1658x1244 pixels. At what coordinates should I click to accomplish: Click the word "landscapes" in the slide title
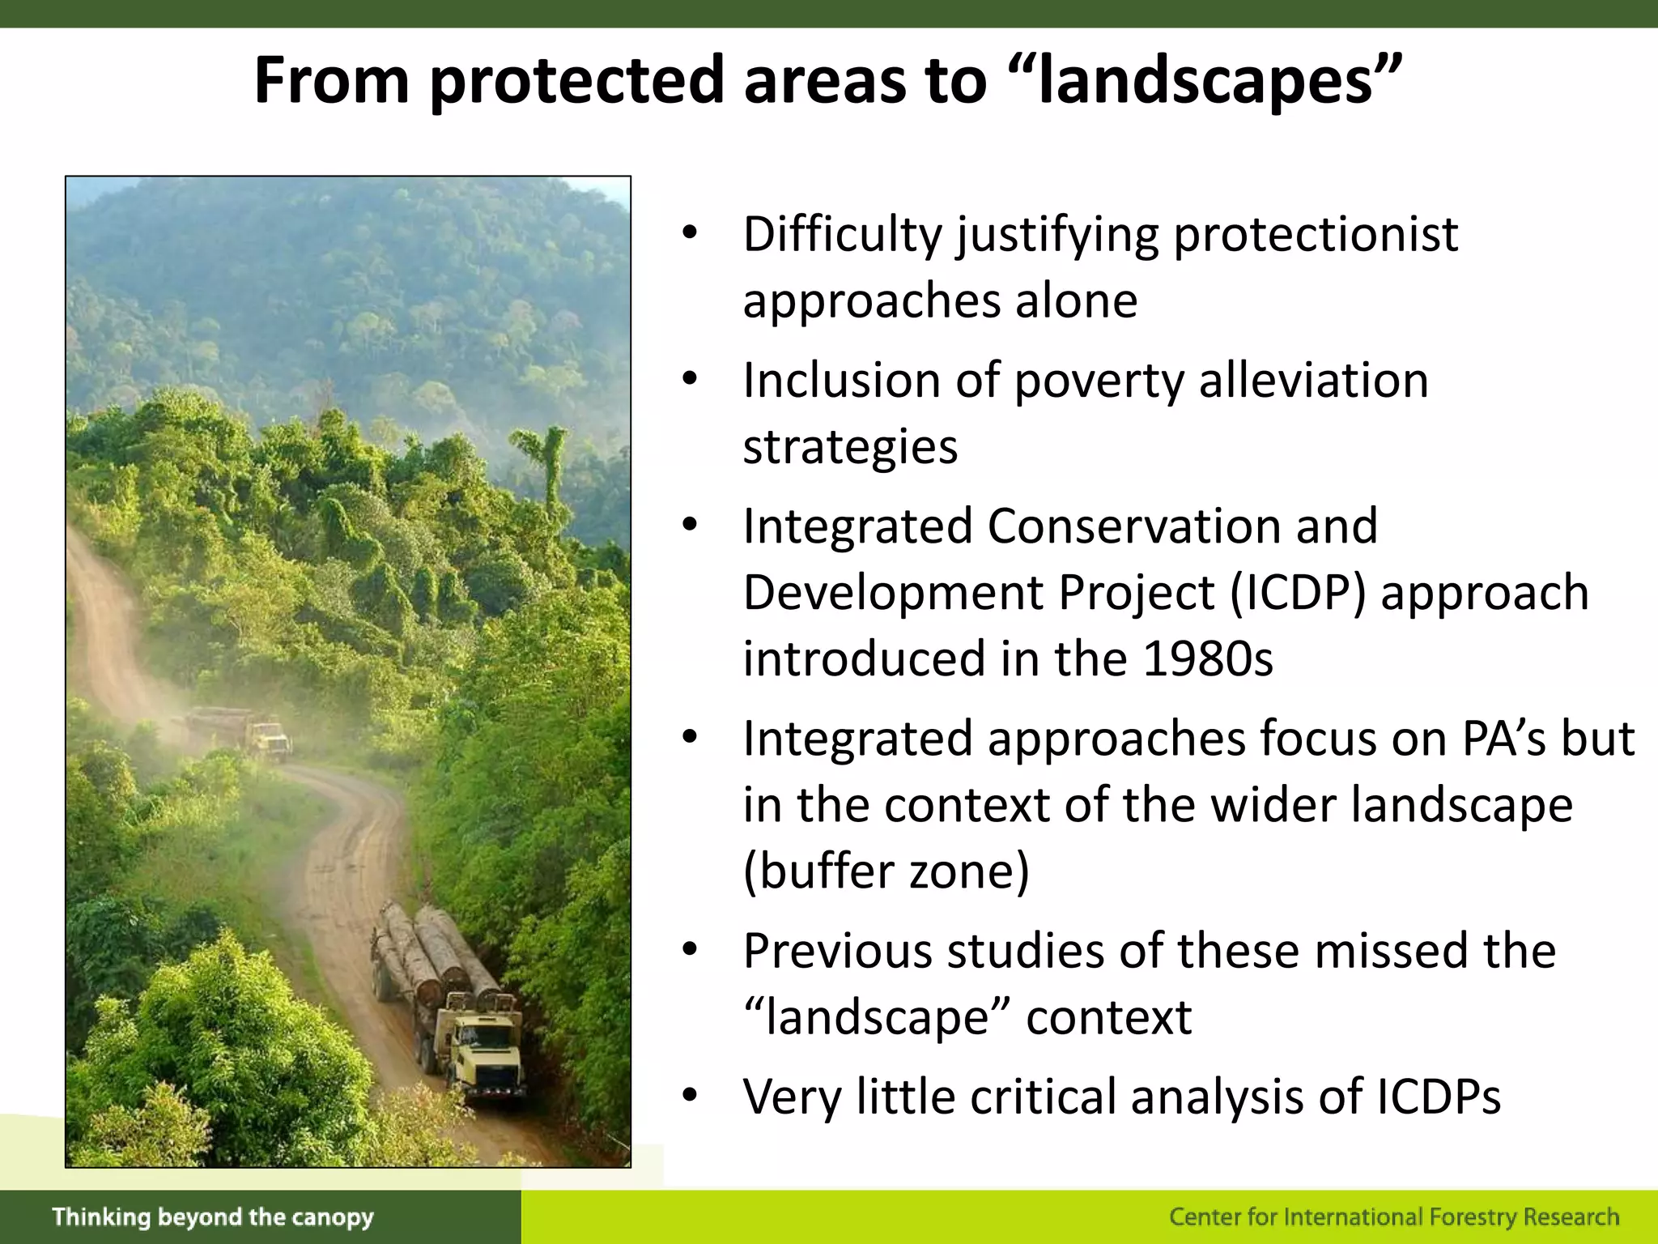pos(1206,81)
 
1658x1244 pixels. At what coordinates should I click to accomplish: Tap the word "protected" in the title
pos(576,81)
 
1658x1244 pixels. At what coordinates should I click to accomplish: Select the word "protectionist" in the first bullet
pos(1316,235)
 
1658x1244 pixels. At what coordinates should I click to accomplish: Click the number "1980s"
pos(1207,658)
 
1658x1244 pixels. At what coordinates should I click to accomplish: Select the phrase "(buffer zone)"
pos(886,871)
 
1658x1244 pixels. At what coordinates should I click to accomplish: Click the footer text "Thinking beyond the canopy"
pos(213,1217)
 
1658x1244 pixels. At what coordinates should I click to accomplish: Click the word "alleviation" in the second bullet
pos(1313,381)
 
